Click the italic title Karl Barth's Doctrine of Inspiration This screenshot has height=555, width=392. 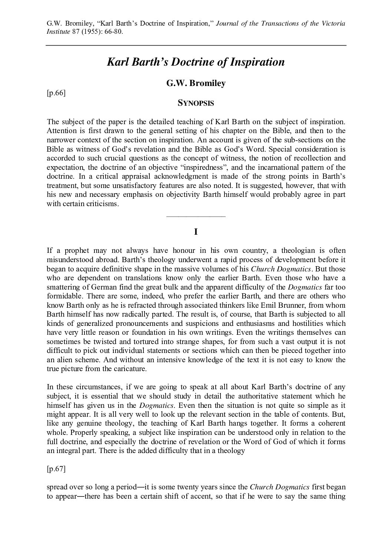(196, 62)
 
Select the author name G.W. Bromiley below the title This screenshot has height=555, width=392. (196, 83)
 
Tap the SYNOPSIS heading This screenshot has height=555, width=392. (196, 103)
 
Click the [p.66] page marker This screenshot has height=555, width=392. (56, 93)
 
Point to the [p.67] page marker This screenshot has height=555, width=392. (56, 469)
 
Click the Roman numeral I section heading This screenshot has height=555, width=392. (196, 232)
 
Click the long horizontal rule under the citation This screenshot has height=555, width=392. (196, 45)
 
